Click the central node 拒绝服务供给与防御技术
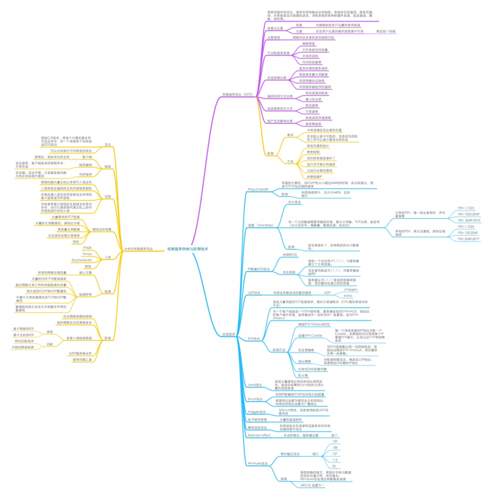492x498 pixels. click(x=187, y=249)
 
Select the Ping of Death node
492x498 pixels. click(x=258, y=189)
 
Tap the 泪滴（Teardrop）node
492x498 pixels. click(x=261, y=225)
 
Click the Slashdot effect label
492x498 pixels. click(x=259, y=435)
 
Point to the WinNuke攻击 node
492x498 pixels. click(x=258, y=463)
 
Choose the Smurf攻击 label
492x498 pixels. click(x=255, y=399)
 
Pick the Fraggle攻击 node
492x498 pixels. click(x=256, y=412)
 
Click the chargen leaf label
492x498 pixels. click(x=350, y=289)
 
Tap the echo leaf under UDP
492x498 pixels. click(x=348, y=296)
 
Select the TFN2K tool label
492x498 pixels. click(x=87, y=248)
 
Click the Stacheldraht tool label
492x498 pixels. click(x=81, y=260)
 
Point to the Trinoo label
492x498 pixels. click(x=87, y=254)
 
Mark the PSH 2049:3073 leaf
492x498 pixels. click(x=469, y=221)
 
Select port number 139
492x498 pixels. click(x=335, y=442)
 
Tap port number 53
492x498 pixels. click(x=334, y=466)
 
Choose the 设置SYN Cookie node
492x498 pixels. click(x=310, y=336)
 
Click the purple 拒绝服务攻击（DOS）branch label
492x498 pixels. click(x=237, y=95)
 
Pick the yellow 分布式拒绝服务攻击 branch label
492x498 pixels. click(x=138, y=249)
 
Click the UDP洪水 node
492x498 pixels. click(x=254, y=293)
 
